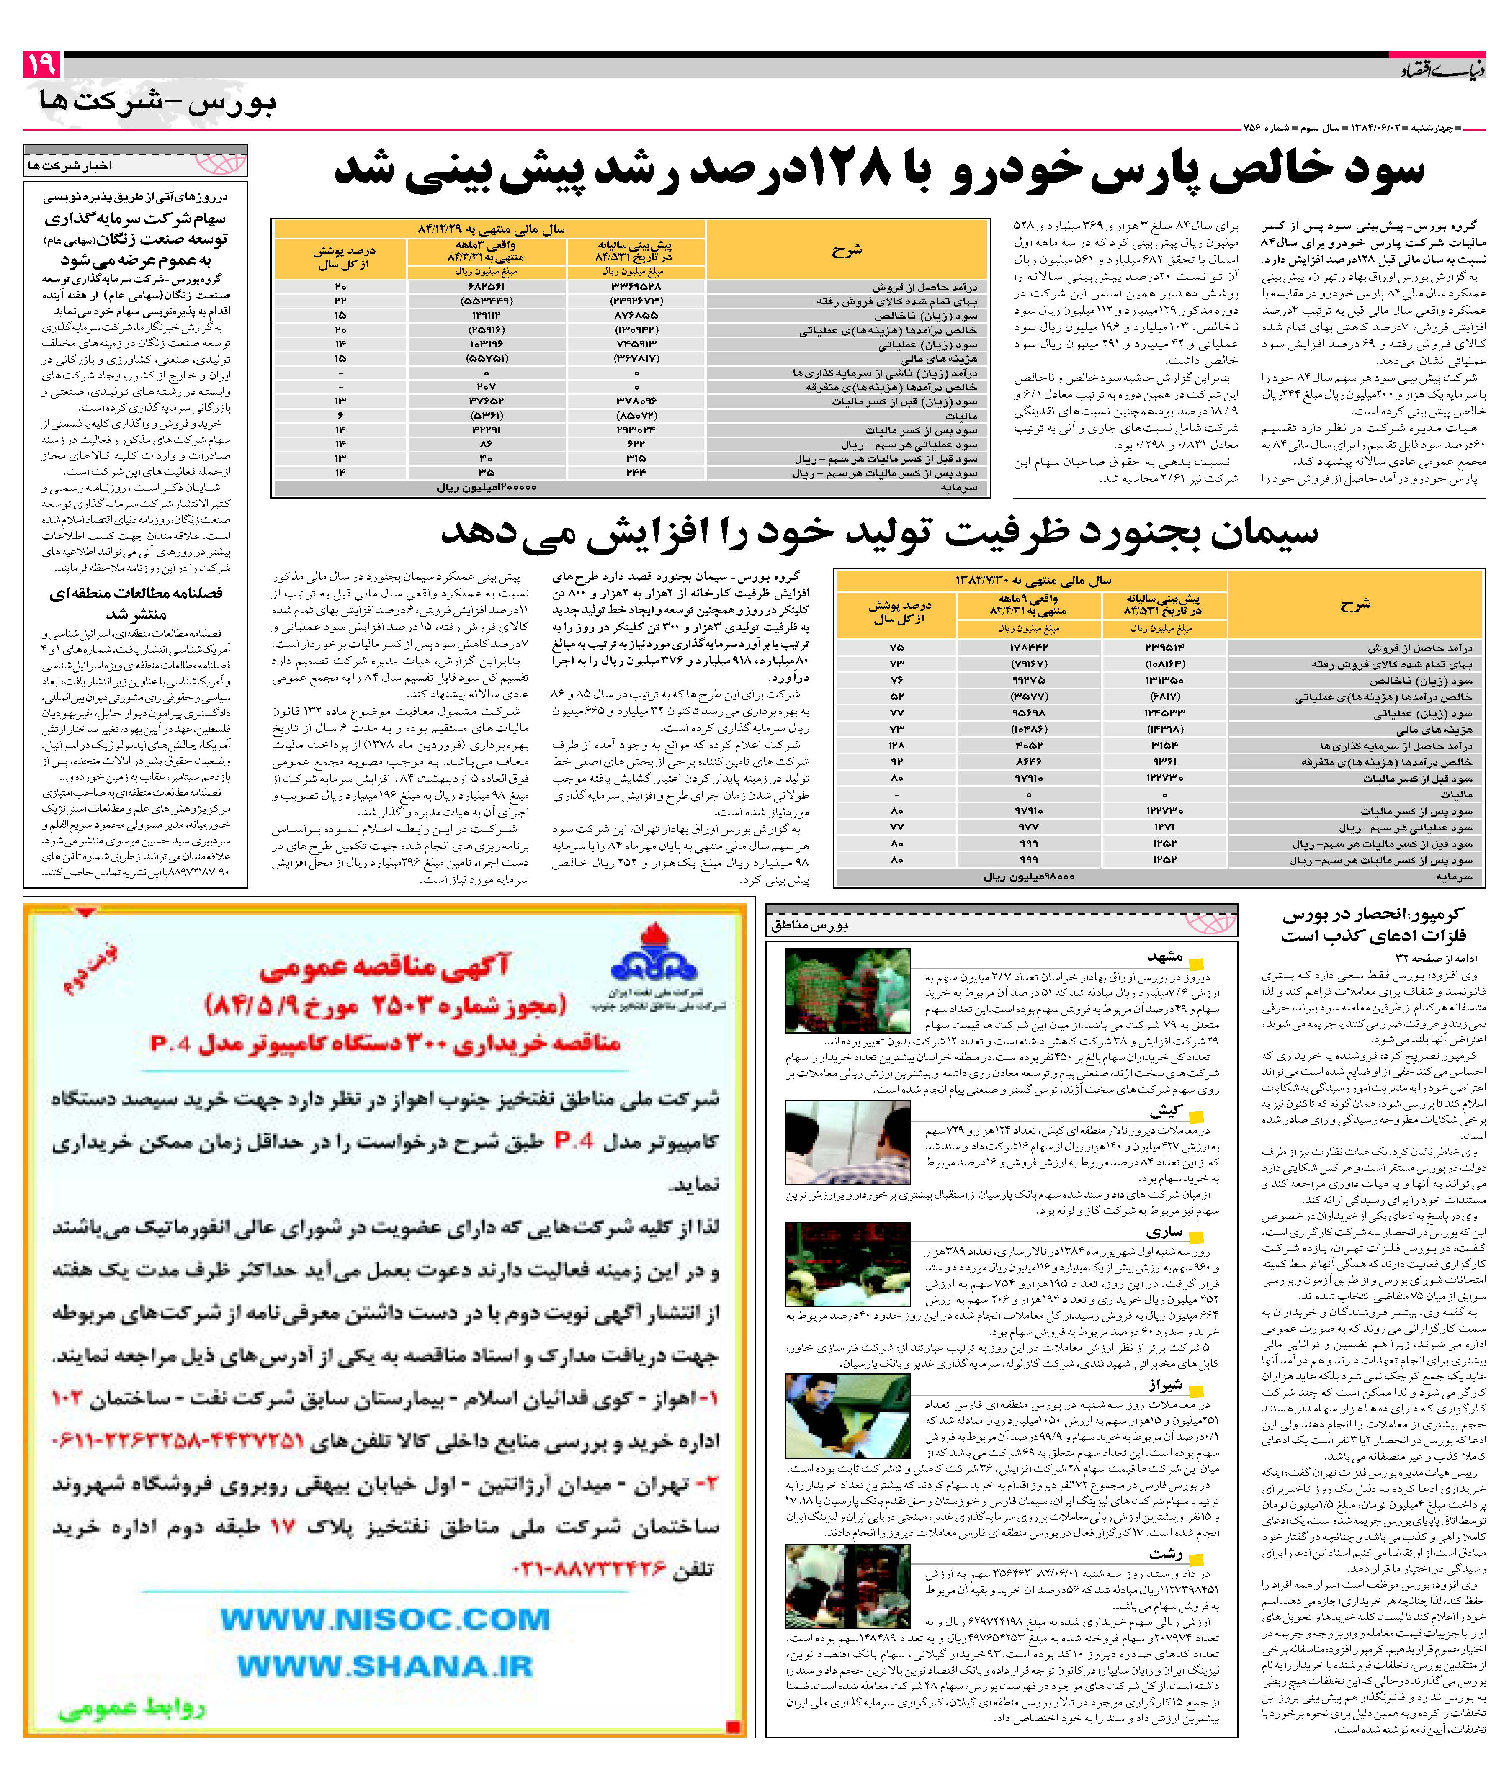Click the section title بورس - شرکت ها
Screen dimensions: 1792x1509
158,103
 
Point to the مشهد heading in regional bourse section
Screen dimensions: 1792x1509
1165,957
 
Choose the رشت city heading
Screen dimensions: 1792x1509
1165,1553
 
